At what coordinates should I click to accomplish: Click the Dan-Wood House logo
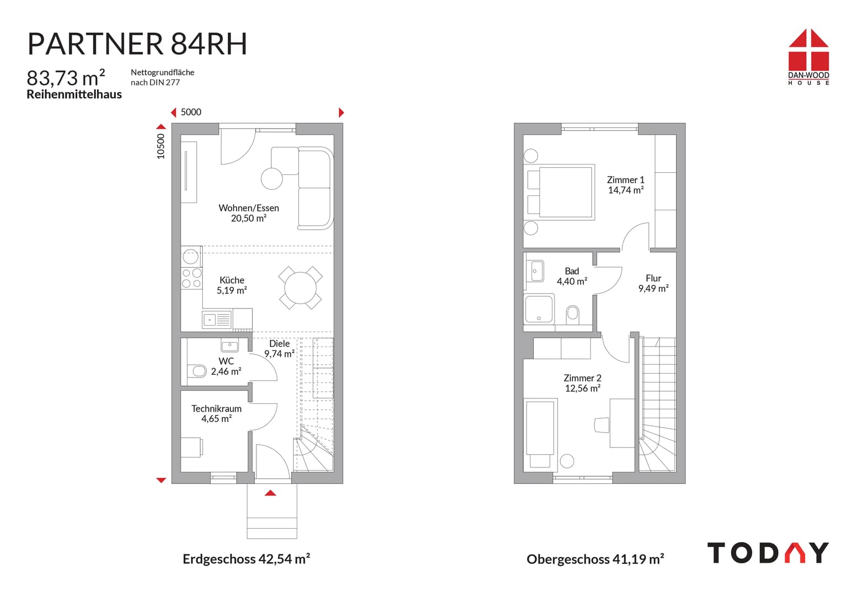[x=808, y=57]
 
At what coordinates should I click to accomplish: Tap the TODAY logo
[x=768, y=552]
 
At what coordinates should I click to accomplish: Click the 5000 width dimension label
[x=191, y=112]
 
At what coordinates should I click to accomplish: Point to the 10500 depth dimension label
[x=160, y=146]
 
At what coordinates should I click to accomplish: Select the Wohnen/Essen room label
[x=249, y=208]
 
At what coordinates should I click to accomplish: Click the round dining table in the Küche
[x=301, y=287]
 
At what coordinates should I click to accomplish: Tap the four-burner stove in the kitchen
[x=191, y=278]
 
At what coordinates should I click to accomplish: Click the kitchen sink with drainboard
[x=216, y=319]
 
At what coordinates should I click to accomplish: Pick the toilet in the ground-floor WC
[x=197, y=371]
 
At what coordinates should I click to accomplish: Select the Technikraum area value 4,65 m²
[x=216, y=419]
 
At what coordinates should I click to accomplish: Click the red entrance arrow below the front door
[x=270, y=493]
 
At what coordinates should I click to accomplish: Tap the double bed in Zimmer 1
[x=559, y=192]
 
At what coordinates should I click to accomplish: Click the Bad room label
[x=572, y=271]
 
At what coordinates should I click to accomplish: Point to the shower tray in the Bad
[x=539, y=308]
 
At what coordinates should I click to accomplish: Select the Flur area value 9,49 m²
[x=653, y=289]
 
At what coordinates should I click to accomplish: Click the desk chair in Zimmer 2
[x=602, y=424]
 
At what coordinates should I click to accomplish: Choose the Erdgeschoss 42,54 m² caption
[x=246, y=559]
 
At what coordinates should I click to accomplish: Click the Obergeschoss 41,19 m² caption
[x=595, y=560]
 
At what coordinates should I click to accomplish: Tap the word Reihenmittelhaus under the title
[x=74, y=94]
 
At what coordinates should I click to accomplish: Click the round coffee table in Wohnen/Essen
[x=272, y=179]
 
